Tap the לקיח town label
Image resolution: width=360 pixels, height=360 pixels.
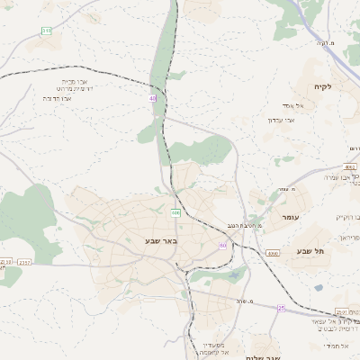323,86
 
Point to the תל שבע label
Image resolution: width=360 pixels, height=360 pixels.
308,252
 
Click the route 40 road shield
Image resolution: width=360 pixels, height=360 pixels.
154,97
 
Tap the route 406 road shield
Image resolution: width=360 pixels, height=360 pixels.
175,212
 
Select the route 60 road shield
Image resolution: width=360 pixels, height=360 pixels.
222,246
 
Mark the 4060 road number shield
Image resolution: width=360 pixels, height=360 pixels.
272,254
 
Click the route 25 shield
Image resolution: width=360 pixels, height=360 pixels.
281,308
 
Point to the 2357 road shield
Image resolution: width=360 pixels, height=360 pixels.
24,262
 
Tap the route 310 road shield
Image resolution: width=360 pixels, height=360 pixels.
46,31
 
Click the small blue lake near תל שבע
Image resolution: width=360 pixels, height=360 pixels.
319,288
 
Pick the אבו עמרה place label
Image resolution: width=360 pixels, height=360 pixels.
346,177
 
